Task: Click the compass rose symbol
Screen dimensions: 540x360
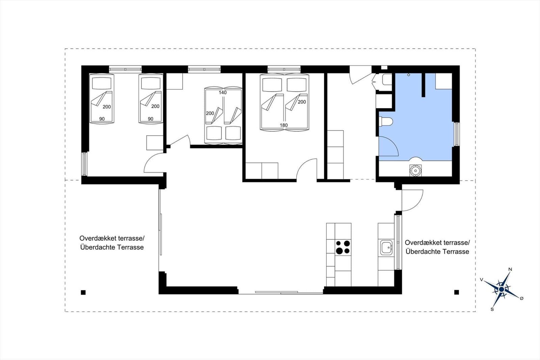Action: [x=502, y=289]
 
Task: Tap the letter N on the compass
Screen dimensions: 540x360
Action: [x=510, y=269]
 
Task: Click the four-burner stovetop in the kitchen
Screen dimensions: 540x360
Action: [x=343, y=247]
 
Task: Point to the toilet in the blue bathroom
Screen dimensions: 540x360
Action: [x=386, y=121]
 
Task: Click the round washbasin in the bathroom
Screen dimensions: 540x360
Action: [x=415, y=171]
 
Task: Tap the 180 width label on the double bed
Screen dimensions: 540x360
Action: [x=284, y=125]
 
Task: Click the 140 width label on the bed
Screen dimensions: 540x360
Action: [x=223, y=93]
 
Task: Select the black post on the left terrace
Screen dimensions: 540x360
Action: [x=83, y=292]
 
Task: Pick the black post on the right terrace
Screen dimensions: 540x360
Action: [x=456, y=292]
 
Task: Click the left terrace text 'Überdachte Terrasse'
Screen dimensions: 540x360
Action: [x=112, y=247]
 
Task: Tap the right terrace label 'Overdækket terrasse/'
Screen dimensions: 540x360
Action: [x=437, y=242]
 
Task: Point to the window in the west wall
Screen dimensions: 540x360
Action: [x=84, y=164]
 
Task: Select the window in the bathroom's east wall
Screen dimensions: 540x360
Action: [x=456, y=134]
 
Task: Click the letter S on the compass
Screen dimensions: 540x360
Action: [x=492, y=309]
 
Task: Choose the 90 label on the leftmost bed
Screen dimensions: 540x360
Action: [x=102, y=119]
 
